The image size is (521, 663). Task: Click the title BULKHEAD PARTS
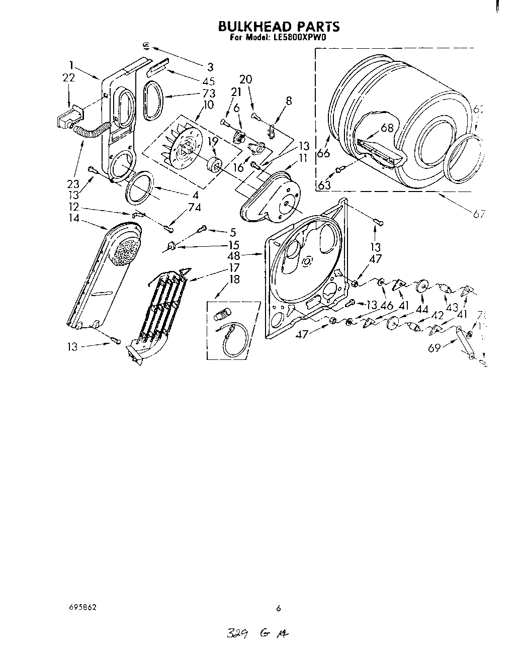click(278, 26)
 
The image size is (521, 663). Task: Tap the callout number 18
click(234, 279)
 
